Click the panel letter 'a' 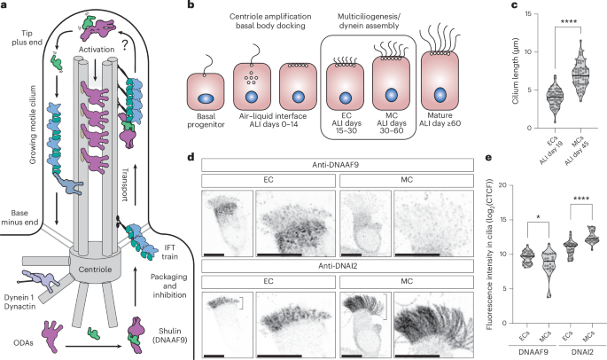5,6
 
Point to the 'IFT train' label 153,229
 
